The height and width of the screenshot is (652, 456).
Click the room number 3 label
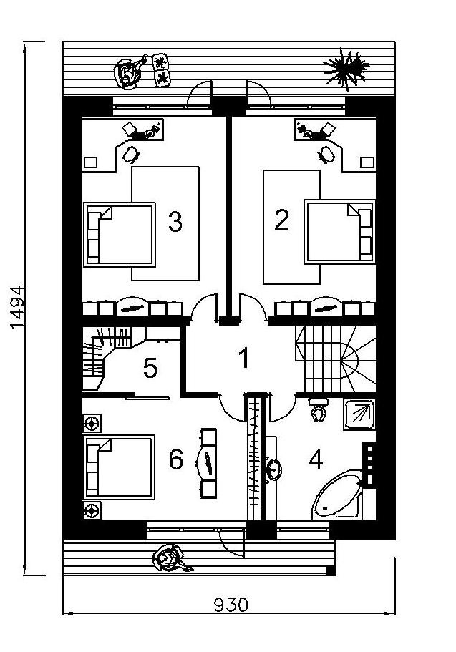click(x=175, y=221)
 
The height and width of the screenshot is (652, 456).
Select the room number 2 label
click(x=281, y=220)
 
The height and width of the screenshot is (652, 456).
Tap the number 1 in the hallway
click(x=244, y=358)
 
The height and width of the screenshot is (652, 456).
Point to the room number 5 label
click(x=150, y=368)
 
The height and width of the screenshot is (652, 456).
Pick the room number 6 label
click(x=176, y=460)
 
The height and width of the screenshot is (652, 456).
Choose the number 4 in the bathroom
click(x=316, y=460)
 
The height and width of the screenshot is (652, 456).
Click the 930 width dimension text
click(x=231, y=605)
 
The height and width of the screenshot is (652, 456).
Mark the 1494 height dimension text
click(x=17, y=307)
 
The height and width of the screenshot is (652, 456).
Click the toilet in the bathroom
click(x=319, y=409)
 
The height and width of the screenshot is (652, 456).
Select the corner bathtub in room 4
click(x=337, y=496)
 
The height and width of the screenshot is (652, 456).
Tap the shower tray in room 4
click(x=359, y=414)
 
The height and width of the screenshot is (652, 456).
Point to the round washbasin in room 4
click(x=274, y=470)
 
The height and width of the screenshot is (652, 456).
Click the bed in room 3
click(x=120, y=235)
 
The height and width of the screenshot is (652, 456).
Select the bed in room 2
click(x=339, y=232)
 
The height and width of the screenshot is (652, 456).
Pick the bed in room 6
click(x=120, y=467)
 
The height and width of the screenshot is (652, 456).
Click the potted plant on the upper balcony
click(x=346, y=69)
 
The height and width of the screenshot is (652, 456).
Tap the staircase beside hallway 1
click(x=335, y=359)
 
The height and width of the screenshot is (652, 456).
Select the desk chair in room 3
click(x=131, y=153)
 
